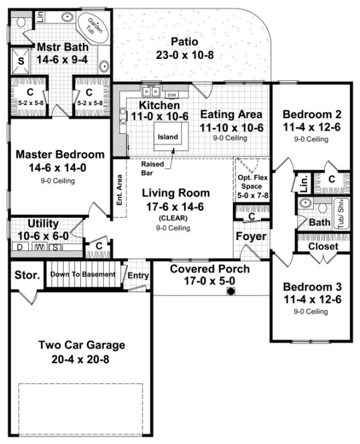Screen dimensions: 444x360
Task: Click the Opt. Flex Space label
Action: [252, 186]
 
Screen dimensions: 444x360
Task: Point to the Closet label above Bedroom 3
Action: [323, 246]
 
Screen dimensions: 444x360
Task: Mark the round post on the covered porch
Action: [230, 292]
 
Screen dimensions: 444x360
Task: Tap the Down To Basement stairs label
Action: [83, 274]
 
